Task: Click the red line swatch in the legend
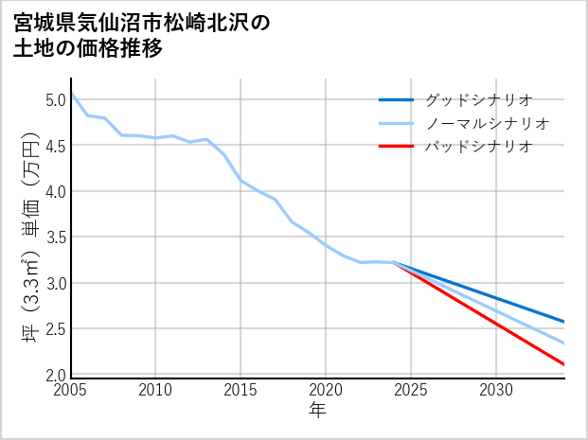[396, 147]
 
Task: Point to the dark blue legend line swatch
[396, 99]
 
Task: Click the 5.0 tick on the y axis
[55, 99]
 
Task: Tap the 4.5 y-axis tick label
[55, 146]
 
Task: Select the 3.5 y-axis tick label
[55, 238]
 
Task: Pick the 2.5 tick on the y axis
[55, 329]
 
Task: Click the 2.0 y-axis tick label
[55, 376]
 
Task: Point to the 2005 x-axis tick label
[71, 390]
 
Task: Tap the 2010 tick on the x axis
[156, 390]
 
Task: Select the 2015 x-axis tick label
[241, 390]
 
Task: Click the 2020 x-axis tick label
[326, 390]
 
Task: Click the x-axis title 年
[318, 411]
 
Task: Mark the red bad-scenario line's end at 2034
[564, 364]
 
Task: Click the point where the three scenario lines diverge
[394, 262]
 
